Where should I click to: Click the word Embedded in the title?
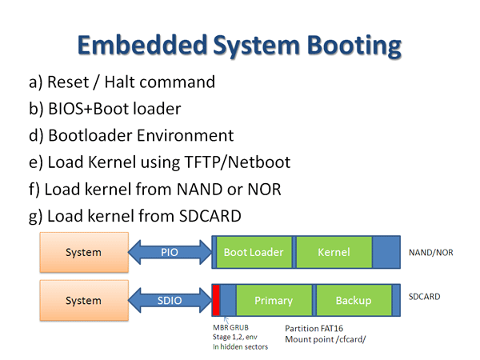click(142, 45)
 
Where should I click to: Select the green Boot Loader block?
click(254, 252)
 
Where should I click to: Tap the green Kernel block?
click(334, 252)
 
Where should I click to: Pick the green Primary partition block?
click(274, 300)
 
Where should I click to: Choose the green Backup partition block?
click(354, 300)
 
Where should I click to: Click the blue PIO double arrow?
click(170, 252)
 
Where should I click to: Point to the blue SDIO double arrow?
click(170, 300)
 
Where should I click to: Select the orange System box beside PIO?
click(84, 252)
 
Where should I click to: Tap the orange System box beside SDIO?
click(84, 300)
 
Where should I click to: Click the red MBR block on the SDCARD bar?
click(216, 300)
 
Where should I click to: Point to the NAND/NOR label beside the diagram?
click(430, 253)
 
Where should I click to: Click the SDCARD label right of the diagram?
click(424, 297)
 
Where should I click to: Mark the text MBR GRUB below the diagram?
click(230, 327)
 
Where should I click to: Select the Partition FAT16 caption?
click(314, 329)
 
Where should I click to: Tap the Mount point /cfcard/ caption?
click(326, 339)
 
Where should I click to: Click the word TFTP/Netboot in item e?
click(238, 162)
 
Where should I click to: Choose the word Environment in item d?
click(186, 135)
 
